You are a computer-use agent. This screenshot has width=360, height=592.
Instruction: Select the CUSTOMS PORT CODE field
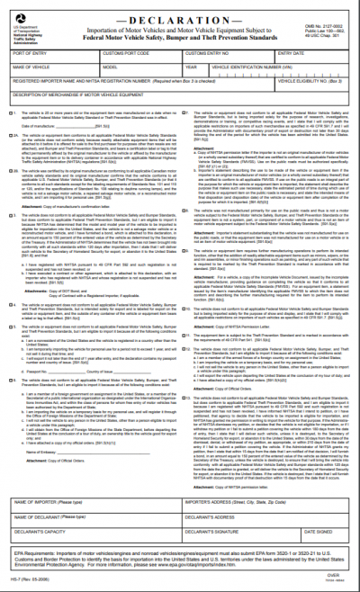[x=152, y=58]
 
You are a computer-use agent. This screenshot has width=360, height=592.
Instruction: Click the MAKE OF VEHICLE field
[x=54, y=72]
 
